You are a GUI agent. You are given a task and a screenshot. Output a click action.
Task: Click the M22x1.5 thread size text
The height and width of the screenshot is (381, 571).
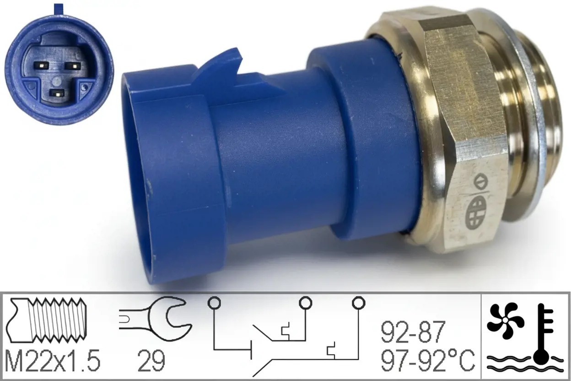pos(53,361)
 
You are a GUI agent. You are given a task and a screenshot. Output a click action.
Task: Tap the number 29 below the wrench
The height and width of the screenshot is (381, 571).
pos(151,361)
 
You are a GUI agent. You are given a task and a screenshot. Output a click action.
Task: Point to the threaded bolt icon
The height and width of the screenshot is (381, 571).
pos(46,320)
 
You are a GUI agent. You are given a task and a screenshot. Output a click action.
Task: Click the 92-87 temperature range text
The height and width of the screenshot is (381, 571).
pos(413,332)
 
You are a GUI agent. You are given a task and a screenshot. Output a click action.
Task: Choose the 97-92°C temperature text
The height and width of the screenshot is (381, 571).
pos(427,361)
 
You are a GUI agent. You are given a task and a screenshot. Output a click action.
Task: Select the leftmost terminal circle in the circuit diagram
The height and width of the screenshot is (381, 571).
pos(214,303)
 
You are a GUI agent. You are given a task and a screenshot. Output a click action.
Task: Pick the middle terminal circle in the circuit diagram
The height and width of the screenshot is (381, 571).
pos(305,303)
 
